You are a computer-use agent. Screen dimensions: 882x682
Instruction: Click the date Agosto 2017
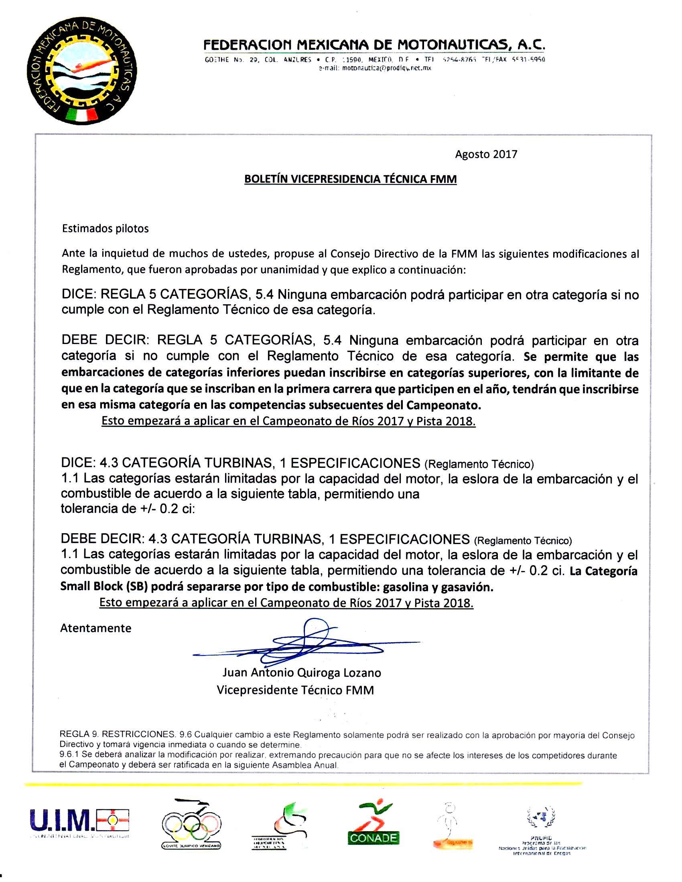[486, 154]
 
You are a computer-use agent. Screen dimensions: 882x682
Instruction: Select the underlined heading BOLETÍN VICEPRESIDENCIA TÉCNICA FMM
[350, 179]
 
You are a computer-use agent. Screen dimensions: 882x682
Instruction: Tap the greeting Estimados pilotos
[105, 229]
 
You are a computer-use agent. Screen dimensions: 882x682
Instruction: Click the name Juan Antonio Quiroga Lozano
[301, 673]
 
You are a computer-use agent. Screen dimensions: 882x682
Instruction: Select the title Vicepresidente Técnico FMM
[295, 690]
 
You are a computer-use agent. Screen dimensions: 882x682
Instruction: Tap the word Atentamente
[96, 628]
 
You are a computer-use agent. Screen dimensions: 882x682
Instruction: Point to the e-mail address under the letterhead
[375, 68]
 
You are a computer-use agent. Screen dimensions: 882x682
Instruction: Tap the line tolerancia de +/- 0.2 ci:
[128, 508]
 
